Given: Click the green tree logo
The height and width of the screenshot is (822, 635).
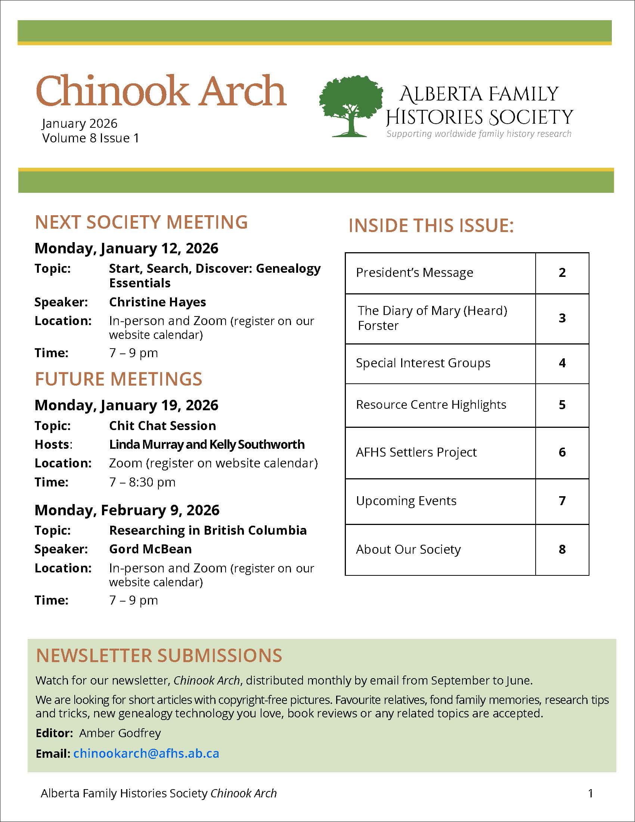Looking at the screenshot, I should pyautogui.click(x=351, y=105).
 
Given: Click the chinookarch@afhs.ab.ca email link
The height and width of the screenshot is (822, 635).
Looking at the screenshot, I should pyautogui.click(x=146, y=753).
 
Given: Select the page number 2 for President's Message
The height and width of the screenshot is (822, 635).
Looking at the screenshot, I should pyautogui.click(x=562, y=272).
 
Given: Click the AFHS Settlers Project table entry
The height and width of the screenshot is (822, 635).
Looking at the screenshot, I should pyautogui.click(x=416, y=452).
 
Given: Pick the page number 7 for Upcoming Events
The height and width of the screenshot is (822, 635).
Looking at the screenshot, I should pyautogui.click(x=562, y=501).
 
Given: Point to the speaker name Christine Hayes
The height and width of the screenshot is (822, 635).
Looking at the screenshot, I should pyautogui.click(x=157, y=302).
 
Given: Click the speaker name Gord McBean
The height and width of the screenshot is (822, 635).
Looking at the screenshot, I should pyautogui.click(x=150, y=549).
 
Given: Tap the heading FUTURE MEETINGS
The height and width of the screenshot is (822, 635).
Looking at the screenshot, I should pyautogui.click(x=118, y=379).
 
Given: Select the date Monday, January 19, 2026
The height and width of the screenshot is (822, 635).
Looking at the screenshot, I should pyautogui.click(x=126, y=405).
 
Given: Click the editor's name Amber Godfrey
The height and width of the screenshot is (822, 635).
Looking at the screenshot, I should pyautogui.click(x=120, y=733).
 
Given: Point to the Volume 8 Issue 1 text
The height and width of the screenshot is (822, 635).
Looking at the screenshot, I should pyautogui.click(x=90, y=138).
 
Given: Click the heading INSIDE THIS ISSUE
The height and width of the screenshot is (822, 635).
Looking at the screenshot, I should pyautogui.click(x=431, y=225).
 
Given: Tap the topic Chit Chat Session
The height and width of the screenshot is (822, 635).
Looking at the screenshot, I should pyautogui.click(x=162, y=426).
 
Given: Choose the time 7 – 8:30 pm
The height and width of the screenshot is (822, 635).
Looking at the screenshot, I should pyautogui.click(x=142, y=482).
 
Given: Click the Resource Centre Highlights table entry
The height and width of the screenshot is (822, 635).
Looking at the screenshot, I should pyautogui.click(x=431, y=405).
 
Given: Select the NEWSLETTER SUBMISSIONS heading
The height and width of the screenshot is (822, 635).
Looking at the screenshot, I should pyautogui.click(x=159, y=655).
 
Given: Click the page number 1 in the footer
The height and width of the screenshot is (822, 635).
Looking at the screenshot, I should pyautogui.click(x=590, y=793).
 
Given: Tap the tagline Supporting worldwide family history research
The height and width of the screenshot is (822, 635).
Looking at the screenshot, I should pyautogui.click(x=478, y=134).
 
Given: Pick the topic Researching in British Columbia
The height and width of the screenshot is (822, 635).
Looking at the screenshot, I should pyautogui.click(x=208, y=530).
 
